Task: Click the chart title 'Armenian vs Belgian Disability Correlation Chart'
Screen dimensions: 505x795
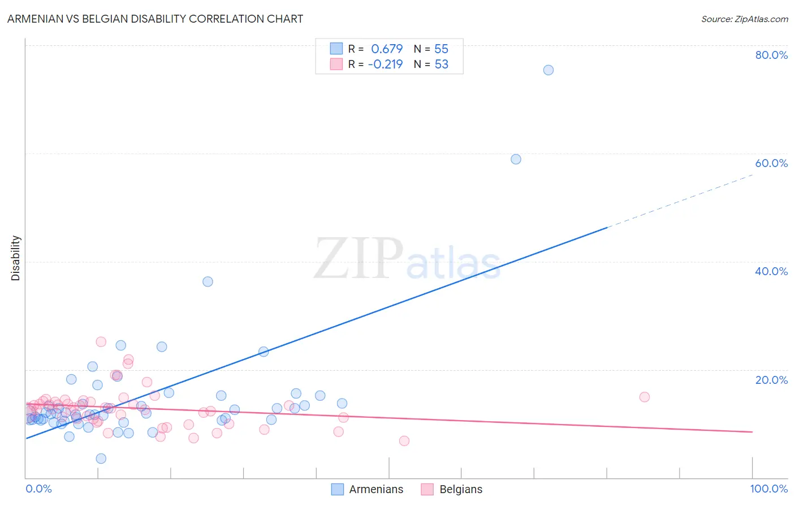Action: click(155, 19)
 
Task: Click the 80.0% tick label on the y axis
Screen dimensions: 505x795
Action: click(771, 55)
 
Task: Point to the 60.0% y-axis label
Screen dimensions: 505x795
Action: click(771, 163)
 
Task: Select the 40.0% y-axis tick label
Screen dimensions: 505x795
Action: click(771, 271)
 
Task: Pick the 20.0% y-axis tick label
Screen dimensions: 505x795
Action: click(771, 379)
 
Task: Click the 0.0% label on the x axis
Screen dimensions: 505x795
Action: click(38, 489)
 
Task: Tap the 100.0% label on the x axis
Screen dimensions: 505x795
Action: click(768, 489)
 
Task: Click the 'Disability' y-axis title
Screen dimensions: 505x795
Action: click(16, 258)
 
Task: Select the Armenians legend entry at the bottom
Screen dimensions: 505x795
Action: click(368, 489)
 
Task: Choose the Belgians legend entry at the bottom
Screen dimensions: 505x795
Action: click(452, 489)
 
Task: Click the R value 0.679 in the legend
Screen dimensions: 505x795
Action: click(387, 49)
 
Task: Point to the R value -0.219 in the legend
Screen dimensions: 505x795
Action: click(385, 64)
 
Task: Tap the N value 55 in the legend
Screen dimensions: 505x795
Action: click(441, 49)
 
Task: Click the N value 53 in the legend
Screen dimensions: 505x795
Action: click(441, 64)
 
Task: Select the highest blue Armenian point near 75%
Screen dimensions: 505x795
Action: click(548, 70)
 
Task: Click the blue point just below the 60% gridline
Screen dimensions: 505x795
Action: click(516, 159)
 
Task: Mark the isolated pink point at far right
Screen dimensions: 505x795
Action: click(644, 397)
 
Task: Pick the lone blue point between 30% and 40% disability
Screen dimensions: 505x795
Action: click(208, 281)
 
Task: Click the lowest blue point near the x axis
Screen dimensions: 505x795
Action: click(101, 459)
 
